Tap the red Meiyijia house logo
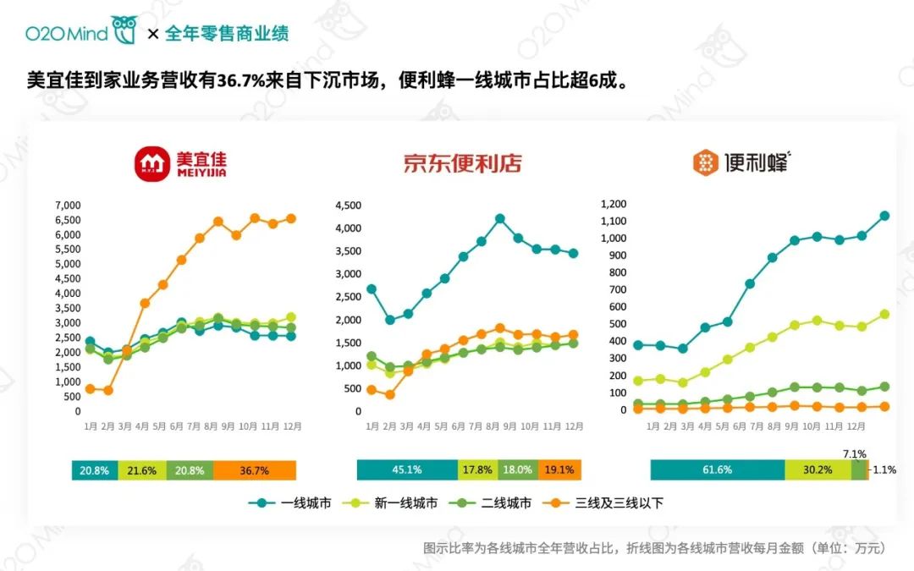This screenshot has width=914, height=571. click(152, 164)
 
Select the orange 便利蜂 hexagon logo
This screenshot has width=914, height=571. click(705, 163)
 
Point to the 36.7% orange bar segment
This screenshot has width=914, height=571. click(255, 470)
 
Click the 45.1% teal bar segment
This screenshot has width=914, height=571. click(407, 469)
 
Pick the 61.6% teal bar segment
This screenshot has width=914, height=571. click(718, 469)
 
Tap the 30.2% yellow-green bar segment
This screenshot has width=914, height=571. click(818, 469)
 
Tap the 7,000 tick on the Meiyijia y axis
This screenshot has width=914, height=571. click(67, 206)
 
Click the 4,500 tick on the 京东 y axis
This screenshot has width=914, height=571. click(349, 206)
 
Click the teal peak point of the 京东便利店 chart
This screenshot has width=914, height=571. click(499, 218)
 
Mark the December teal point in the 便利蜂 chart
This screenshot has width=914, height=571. click(884, 216)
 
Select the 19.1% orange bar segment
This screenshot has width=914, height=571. click(559, 469)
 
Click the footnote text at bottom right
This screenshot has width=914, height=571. click(654, 548)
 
